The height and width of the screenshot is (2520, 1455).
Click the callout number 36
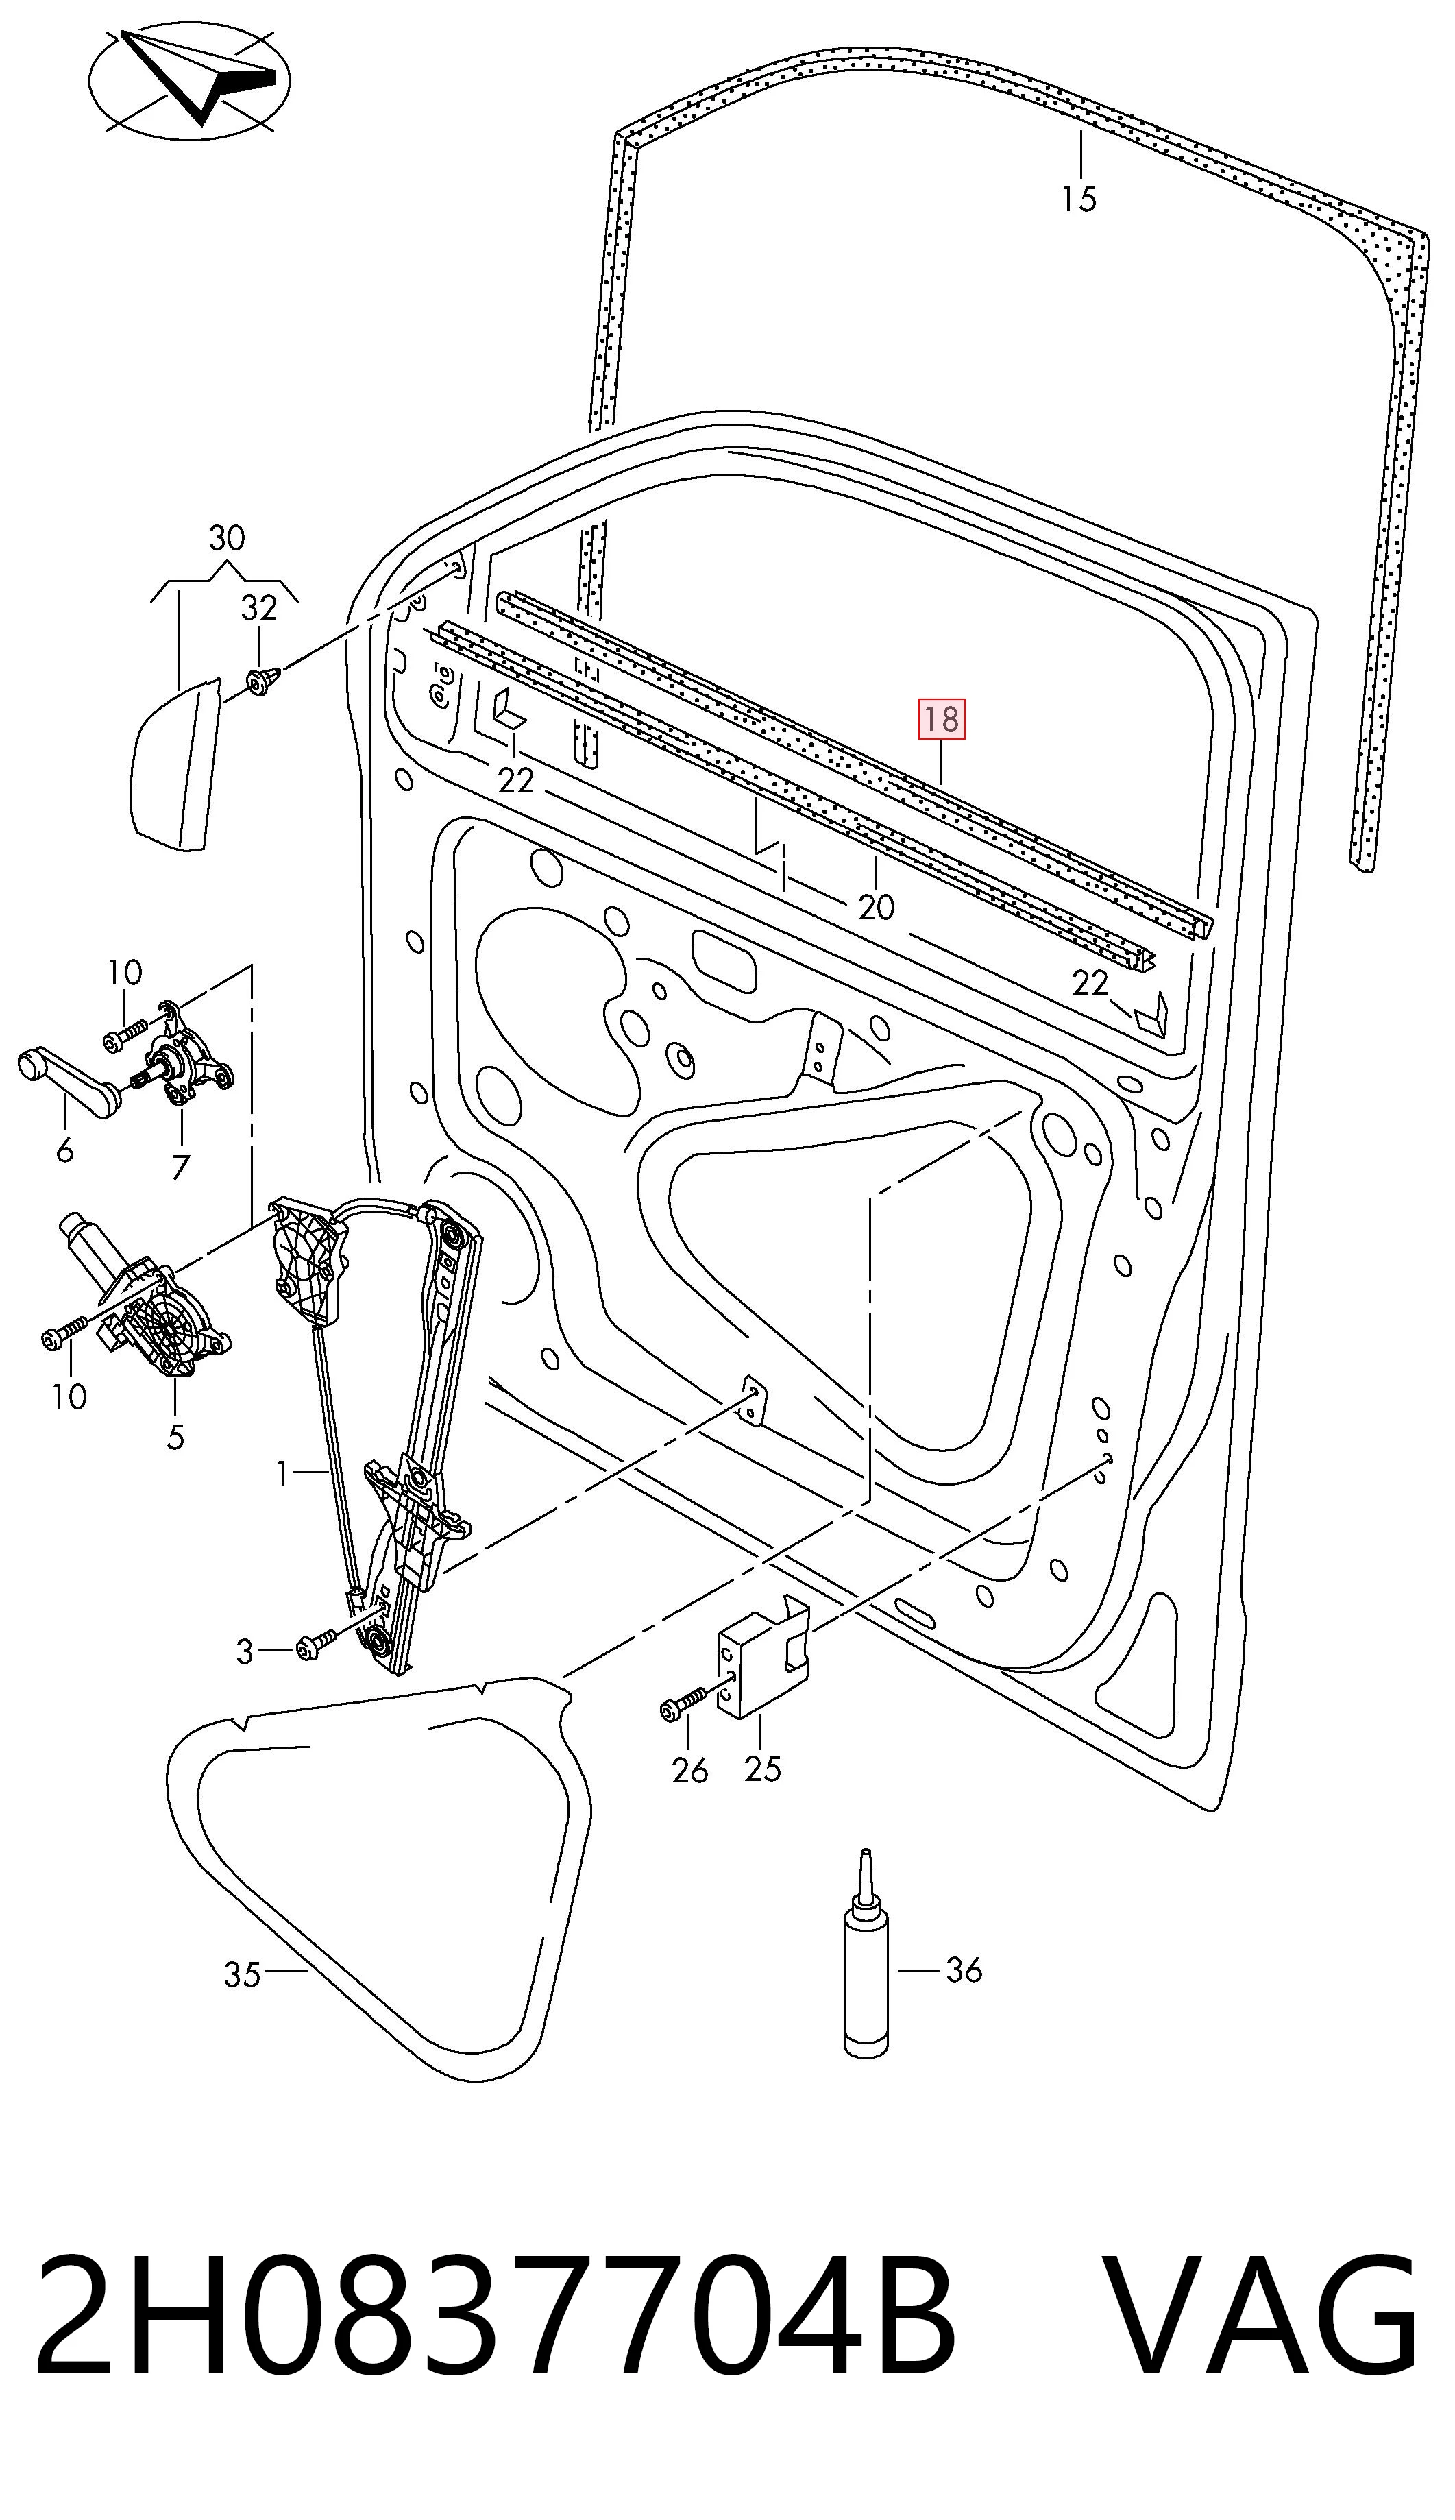pos(964,1970)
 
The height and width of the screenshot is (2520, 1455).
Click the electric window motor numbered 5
pos(140,1300)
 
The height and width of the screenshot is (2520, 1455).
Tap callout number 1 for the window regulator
pos(284,1473)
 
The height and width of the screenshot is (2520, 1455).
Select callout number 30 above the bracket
pos(227,539)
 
